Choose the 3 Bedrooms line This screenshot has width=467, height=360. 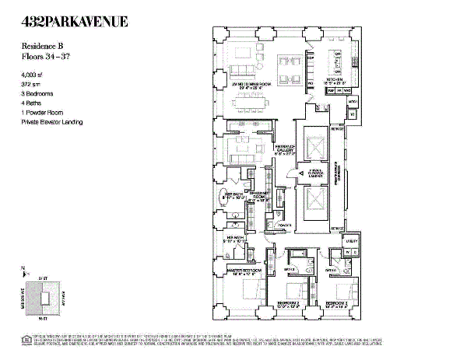(38, 91)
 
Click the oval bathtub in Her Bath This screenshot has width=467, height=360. (223, 194)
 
